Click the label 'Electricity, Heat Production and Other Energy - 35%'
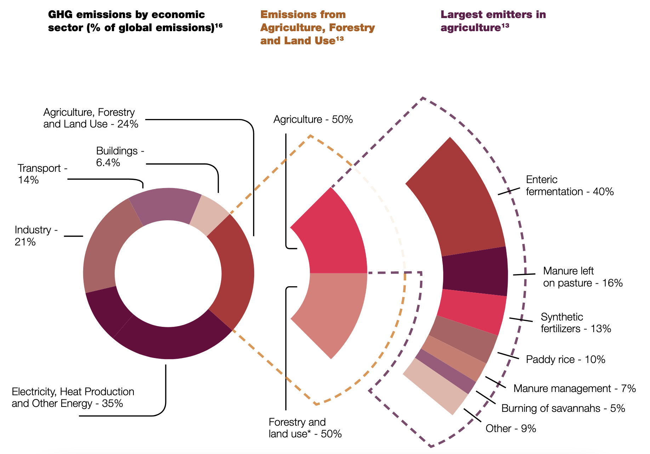[x=73, y=397]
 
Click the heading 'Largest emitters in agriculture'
[x=493, y=21]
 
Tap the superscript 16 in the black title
[x=218, y=25]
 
